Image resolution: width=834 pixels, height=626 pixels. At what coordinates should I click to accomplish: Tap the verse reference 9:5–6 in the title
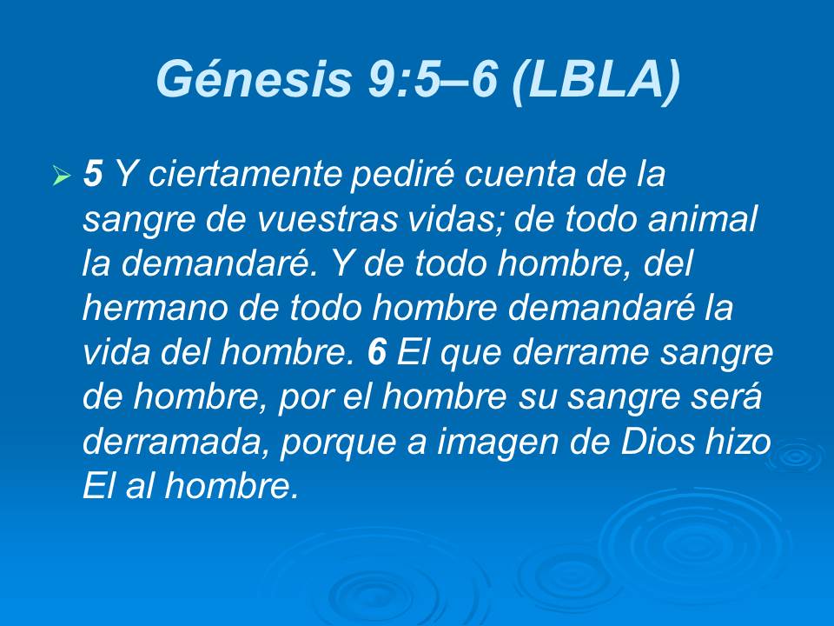[423, 81]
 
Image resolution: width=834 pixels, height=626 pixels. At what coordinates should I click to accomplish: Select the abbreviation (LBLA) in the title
[595, 81]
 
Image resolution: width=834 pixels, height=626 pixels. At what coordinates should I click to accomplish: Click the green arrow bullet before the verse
[61, 177]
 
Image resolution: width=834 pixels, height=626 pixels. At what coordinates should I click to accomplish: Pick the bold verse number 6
[375, 351]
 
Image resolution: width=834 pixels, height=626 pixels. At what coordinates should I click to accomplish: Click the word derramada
[175, 440]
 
